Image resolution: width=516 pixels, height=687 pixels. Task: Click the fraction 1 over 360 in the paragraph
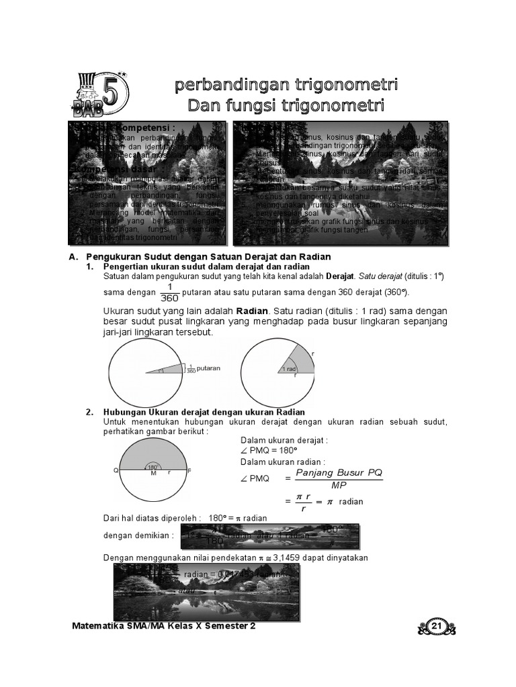[x=170, y=292]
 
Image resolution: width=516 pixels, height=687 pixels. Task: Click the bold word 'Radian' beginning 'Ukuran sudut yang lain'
[x=252, y=311]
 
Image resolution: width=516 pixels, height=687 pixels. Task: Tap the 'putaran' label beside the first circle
[x=208, y=368]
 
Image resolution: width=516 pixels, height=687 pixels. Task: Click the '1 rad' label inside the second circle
[x=289, y=369]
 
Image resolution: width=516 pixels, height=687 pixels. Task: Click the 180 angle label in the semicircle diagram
[x=153, y=466]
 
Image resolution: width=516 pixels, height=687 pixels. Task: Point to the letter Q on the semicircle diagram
[x=116, y=471]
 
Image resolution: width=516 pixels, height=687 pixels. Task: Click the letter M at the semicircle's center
[x=153, y=474]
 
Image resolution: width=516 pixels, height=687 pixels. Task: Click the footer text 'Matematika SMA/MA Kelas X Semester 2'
[x=163, y=626]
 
